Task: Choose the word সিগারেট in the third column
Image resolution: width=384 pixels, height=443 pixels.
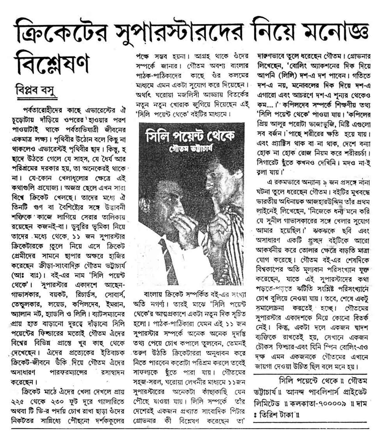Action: (269, 162)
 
